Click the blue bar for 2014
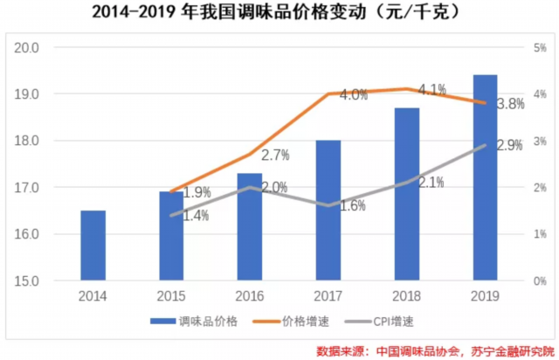coord(93,246)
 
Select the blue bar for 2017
coord(328,211)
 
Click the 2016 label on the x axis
coord(250,296)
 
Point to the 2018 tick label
coord(406,296)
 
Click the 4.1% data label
coord(432,89)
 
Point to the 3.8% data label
coord(509,104)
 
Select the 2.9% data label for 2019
coord(509,145)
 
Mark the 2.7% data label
coord(275,156)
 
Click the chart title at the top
coord(279,15)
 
